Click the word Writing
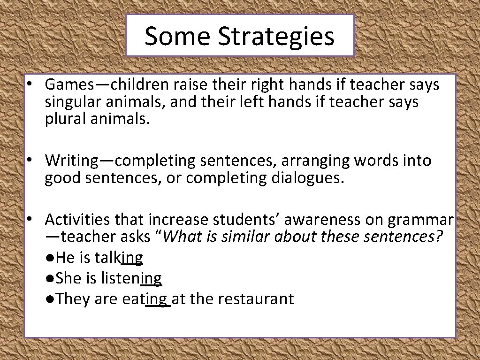(71, 161)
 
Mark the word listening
(131, 278)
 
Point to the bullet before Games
(29, 85)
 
